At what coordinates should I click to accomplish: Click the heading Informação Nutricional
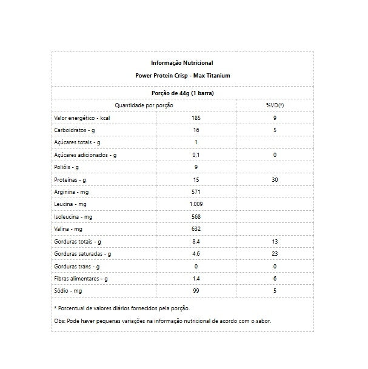click(x=182, y=63)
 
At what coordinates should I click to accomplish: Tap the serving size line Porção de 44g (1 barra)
click(x=182, y=93)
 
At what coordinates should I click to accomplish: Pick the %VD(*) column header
click(x=275, y=105)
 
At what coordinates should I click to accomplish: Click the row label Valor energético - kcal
click(x=81, y=118)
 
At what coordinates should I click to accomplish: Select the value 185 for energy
click(x=196, y=118)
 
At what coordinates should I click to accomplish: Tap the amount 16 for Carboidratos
click(x=196, y=130)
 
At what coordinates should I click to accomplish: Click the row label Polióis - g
click(x=67, y=167)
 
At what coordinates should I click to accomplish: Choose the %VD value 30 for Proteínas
click(x=275, y=180)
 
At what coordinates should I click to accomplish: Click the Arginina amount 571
click(x=196, y=192)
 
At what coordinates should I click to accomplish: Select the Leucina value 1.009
click(x=196, y=204)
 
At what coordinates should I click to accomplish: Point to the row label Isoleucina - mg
click(x=73, y=217)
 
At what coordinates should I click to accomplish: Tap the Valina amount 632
click(x=196, y=229)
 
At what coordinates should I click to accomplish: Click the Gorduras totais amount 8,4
click(x=196, y=242)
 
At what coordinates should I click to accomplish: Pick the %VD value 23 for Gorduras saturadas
click(x=275, y=254)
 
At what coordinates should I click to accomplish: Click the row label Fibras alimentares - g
click(x=81, y=279)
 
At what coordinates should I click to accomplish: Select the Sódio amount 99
click(x=196, y=291)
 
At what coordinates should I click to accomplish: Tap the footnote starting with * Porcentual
click(x=113, y=308)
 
